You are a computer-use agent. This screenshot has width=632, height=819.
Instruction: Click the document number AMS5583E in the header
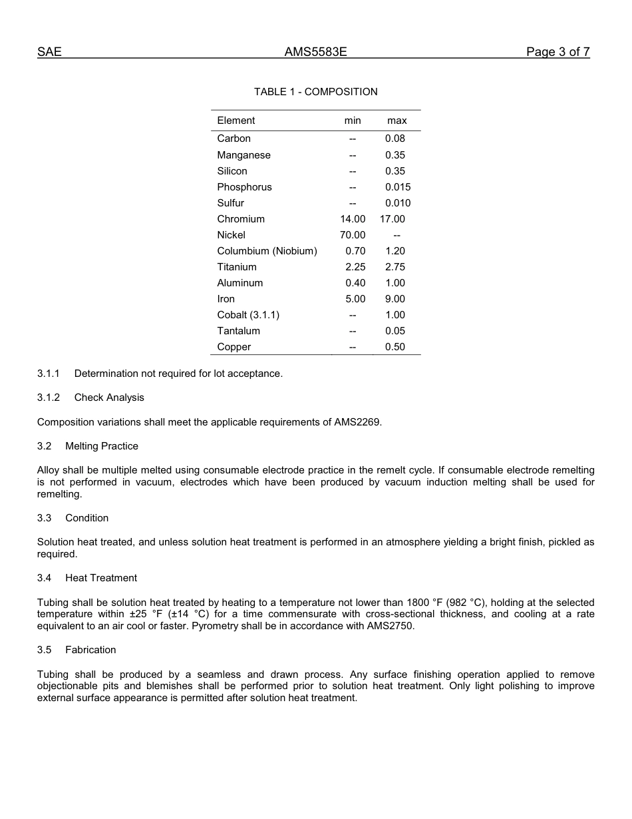pos(315,52)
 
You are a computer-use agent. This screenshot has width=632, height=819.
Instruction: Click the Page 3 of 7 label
pos(557,52)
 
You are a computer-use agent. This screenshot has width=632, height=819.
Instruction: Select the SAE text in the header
pos(49,52)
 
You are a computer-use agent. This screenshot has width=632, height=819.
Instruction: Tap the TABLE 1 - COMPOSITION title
pos(315,92)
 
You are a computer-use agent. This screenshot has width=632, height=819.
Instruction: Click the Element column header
pos(236,121)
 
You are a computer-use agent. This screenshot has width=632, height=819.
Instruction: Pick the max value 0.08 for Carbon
pos(395,138)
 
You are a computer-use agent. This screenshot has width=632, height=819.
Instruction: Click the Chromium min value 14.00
pos(353,219)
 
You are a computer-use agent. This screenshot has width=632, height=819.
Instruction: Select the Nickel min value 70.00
pos(353,235)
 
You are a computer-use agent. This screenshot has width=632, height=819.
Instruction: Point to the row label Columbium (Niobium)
pos(267,251)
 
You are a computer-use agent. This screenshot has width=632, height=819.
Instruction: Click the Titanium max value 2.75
pos(395,267)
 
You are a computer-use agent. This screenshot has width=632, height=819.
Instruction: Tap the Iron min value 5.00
pos(355,299)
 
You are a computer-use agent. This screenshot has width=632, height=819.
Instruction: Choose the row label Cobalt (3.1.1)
pos(248,315)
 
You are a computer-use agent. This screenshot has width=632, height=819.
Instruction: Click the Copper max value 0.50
pos(395,347)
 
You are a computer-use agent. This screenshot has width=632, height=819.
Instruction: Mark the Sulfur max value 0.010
pos(398,203)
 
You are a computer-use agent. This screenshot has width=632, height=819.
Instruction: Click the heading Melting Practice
pos(102,446)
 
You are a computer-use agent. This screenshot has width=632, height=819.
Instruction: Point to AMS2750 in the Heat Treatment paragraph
pos(390,626)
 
